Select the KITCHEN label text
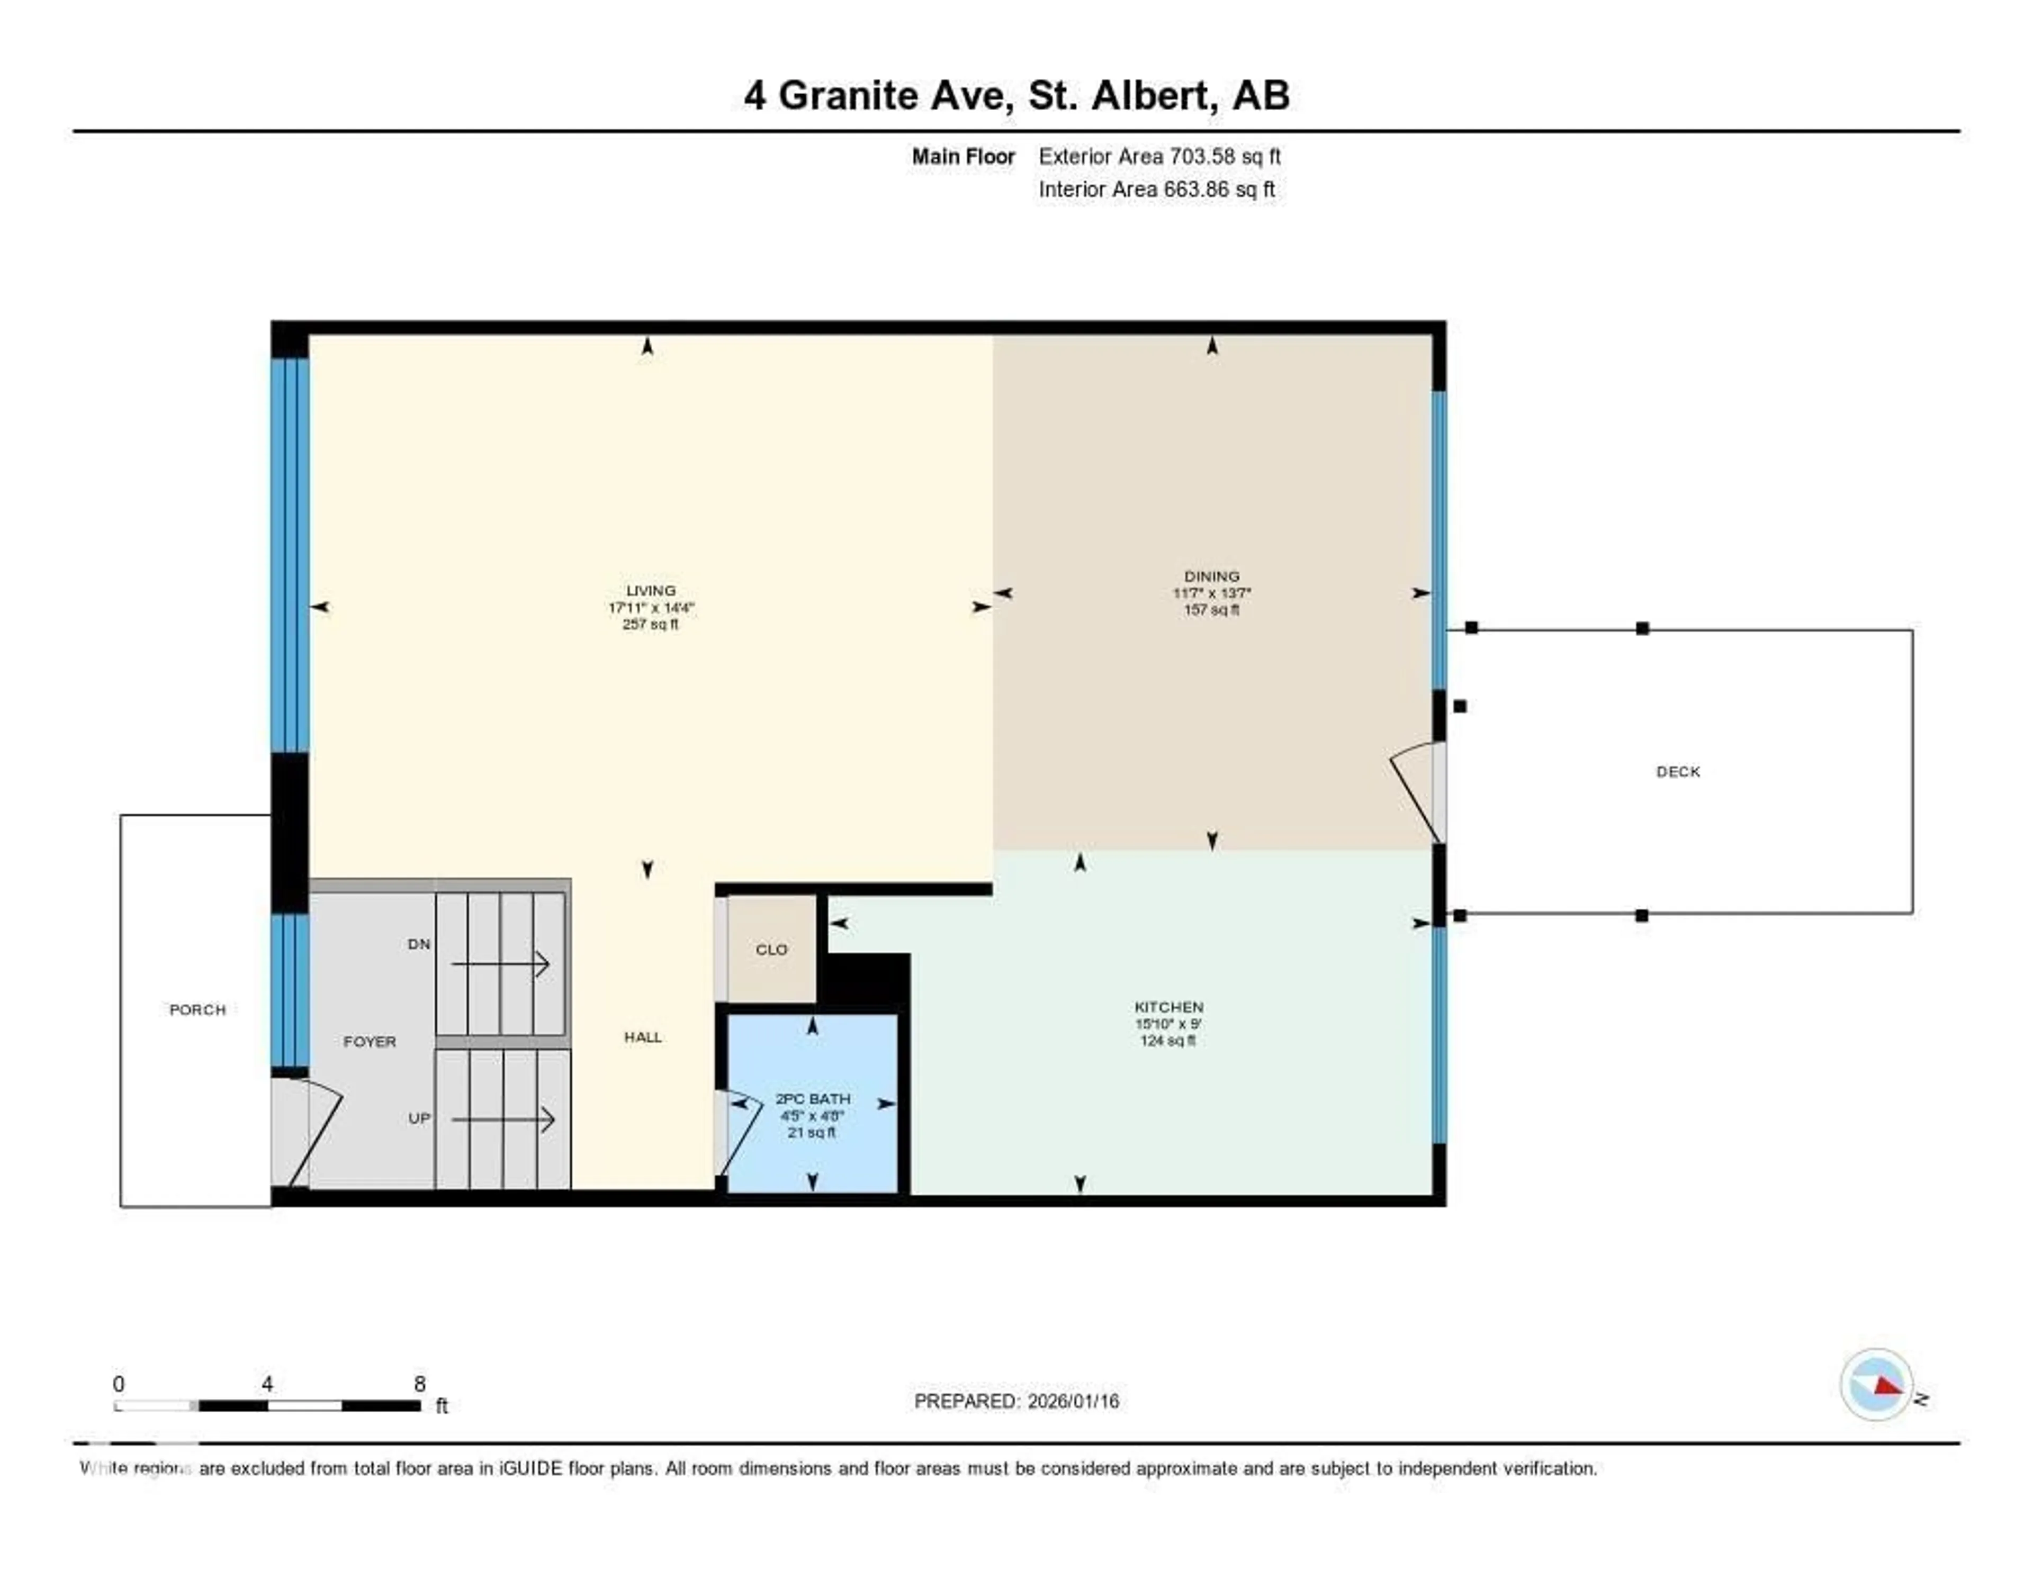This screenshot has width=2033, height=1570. pos(1168,1007)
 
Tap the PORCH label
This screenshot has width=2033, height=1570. pos(197,1010)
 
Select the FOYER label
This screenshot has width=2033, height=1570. pos(370,1041)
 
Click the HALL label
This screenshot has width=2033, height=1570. pos(642,1037)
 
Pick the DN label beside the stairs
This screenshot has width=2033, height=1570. pos(419,944)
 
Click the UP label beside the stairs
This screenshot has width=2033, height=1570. pos(419,1118)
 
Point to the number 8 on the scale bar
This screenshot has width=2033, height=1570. pos(420,1384)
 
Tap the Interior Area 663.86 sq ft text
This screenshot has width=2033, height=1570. pos(1156,189)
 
